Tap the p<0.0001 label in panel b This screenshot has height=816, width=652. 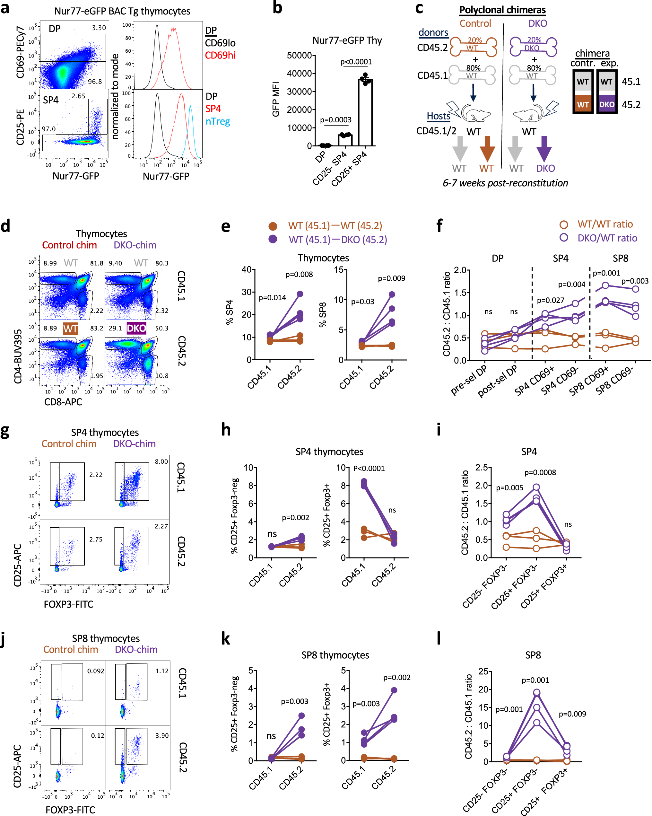tap(356, 62)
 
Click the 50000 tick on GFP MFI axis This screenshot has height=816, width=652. tap(299, 55)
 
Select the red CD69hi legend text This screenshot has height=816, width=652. tap(220, 55)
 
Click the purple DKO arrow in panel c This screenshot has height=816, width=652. tap(544, 148)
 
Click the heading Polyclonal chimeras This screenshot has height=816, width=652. tap(502, 10)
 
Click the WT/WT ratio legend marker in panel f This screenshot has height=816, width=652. tap(563, 224)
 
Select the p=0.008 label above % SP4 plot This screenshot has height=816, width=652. tap(299, 274)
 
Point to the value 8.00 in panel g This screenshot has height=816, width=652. tap(161, 461)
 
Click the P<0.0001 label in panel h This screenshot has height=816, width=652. tap(369, 468)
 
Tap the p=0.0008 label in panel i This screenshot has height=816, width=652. tap(540, 472)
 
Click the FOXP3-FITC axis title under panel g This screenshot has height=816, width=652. tap(68, 604)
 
